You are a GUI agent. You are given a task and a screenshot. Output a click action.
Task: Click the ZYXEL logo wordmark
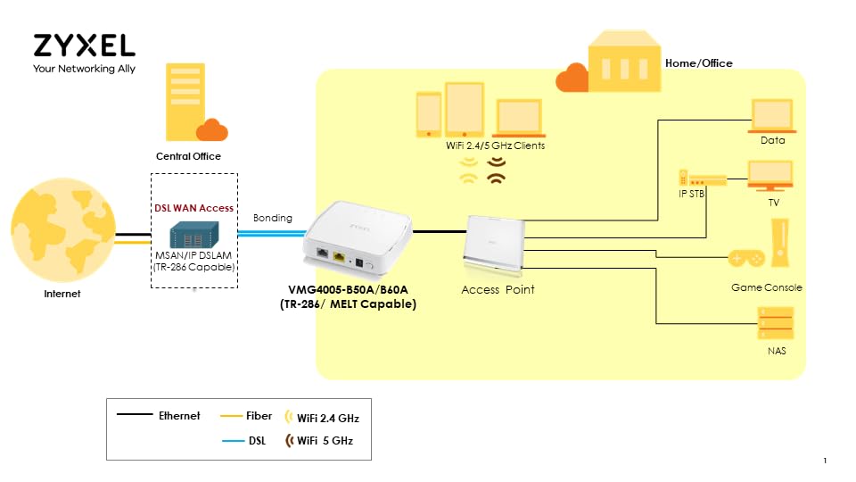coord(84,46)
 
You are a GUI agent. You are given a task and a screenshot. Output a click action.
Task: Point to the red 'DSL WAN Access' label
coord(193,208)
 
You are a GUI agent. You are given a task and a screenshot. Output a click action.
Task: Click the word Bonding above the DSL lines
coord(272,218)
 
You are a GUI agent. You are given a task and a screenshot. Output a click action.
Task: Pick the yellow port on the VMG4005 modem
coord(340,255)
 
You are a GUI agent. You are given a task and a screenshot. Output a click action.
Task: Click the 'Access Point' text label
coord(498,290)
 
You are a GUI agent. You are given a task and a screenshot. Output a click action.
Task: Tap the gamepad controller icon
coord(746,258)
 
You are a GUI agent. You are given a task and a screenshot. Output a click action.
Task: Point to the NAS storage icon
coord(775,323)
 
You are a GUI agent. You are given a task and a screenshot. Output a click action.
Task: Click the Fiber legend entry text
coord(259,416)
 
